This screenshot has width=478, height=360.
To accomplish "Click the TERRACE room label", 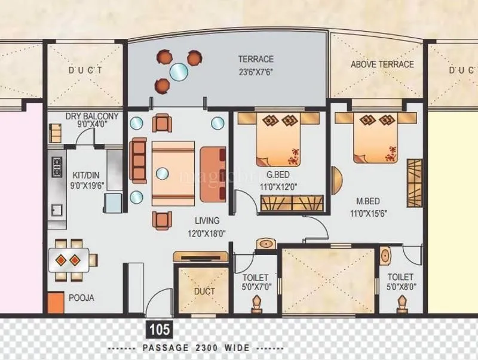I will (256, 59).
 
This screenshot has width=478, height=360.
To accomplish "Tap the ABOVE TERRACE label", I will (382, 64).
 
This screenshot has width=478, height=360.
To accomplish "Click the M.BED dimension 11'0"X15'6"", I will (373, 212).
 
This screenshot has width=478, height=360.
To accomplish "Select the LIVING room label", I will (206, 220).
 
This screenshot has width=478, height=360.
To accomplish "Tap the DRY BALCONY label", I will (92, 116).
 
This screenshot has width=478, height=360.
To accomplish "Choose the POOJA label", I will (81, 297).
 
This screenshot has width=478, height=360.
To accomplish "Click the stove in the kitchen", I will (57, 166).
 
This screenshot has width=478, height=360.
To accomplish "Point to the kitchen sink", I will (57, 210).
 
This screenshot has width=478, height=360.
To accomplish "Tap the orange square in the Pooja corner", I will (56, 302).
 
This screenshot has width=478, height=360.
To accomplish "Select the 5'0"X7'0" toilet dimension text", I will (256, 287).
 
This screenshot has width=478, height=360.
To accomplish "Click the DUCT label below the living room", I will (204, 291).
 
